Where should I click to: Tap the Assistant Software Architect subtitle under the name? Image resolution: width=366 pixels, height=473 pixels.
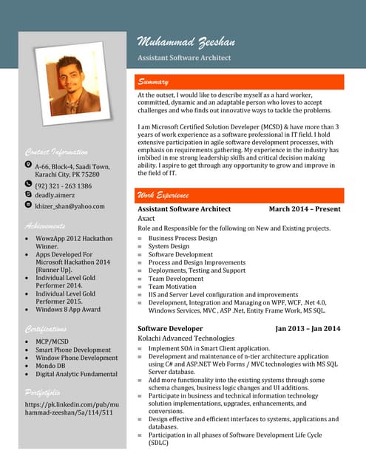(184, 58)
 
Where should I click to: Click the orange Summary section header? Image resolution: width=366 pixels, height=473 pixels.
(152, 82)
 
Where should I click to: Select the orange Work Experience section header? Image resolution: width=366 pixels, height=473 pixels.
(163, 195)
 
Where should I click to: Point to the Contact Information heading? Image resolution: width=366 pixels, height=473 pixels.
(56, 152)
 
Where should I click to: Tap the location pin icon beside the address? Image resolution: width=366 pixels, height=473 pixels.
(28, 165)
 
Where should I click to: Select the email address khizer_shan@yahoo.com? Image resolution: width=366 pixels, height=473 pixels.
(70, 206)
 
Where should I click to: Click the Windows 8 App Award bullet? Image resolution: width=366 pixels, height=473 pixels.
(68, 310)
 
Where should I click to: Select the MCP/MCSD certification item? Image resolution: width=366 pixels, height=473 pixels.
(53, 341)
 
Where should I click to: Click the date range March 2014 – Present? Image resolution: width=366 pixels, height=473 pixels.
(305, 209)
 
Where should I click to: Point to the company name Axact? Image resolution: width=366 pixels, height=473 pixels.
(146, 219)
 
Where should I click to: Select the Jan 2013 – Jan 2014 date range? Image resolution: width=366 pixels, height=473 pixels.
(308, 328)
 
